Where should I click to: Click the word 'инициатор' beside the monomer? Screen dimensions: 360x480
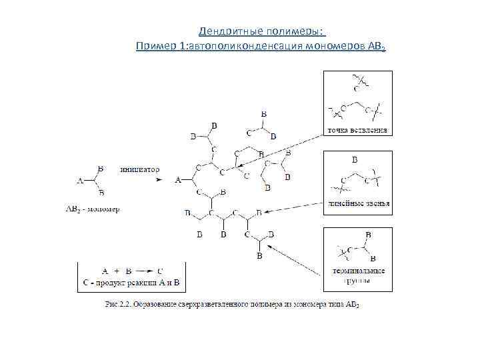click(x=139, y=169)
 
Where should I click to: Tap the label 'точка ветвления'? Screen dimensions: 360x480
click(x=357, y=129)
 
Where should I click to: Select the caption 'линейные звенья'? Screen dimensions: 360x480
click(x=358, y=203)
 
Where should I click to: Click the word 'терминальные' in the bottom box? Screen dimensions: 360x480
click(x=358, y=272)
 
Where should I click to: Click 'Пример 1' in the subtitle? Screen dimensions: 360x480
click(x=161, y=46)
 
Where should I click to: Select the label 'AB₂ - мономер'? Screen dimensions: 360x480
click(x=93, y=209)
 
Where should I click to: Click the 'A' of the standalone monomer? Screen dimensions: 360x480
click(x=80, y=180)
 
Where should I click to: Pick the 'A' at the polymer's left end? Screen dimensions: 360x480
click(x=178, y=180)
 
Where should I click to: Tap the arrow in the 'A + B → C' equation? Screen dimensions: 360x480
click(x=145, y=271)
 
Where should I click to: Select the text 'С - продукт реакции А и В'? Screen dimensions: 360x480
click(x=132, y=283)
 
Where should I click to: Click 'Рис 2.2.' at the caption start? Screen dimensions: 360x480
click(x=117, y=305)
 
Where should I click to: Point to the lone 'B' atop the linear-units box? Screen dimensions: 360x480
click(x=355, y=160)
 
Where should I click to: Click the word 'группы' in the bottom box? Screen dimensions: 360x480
click(x=358, y=281)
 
